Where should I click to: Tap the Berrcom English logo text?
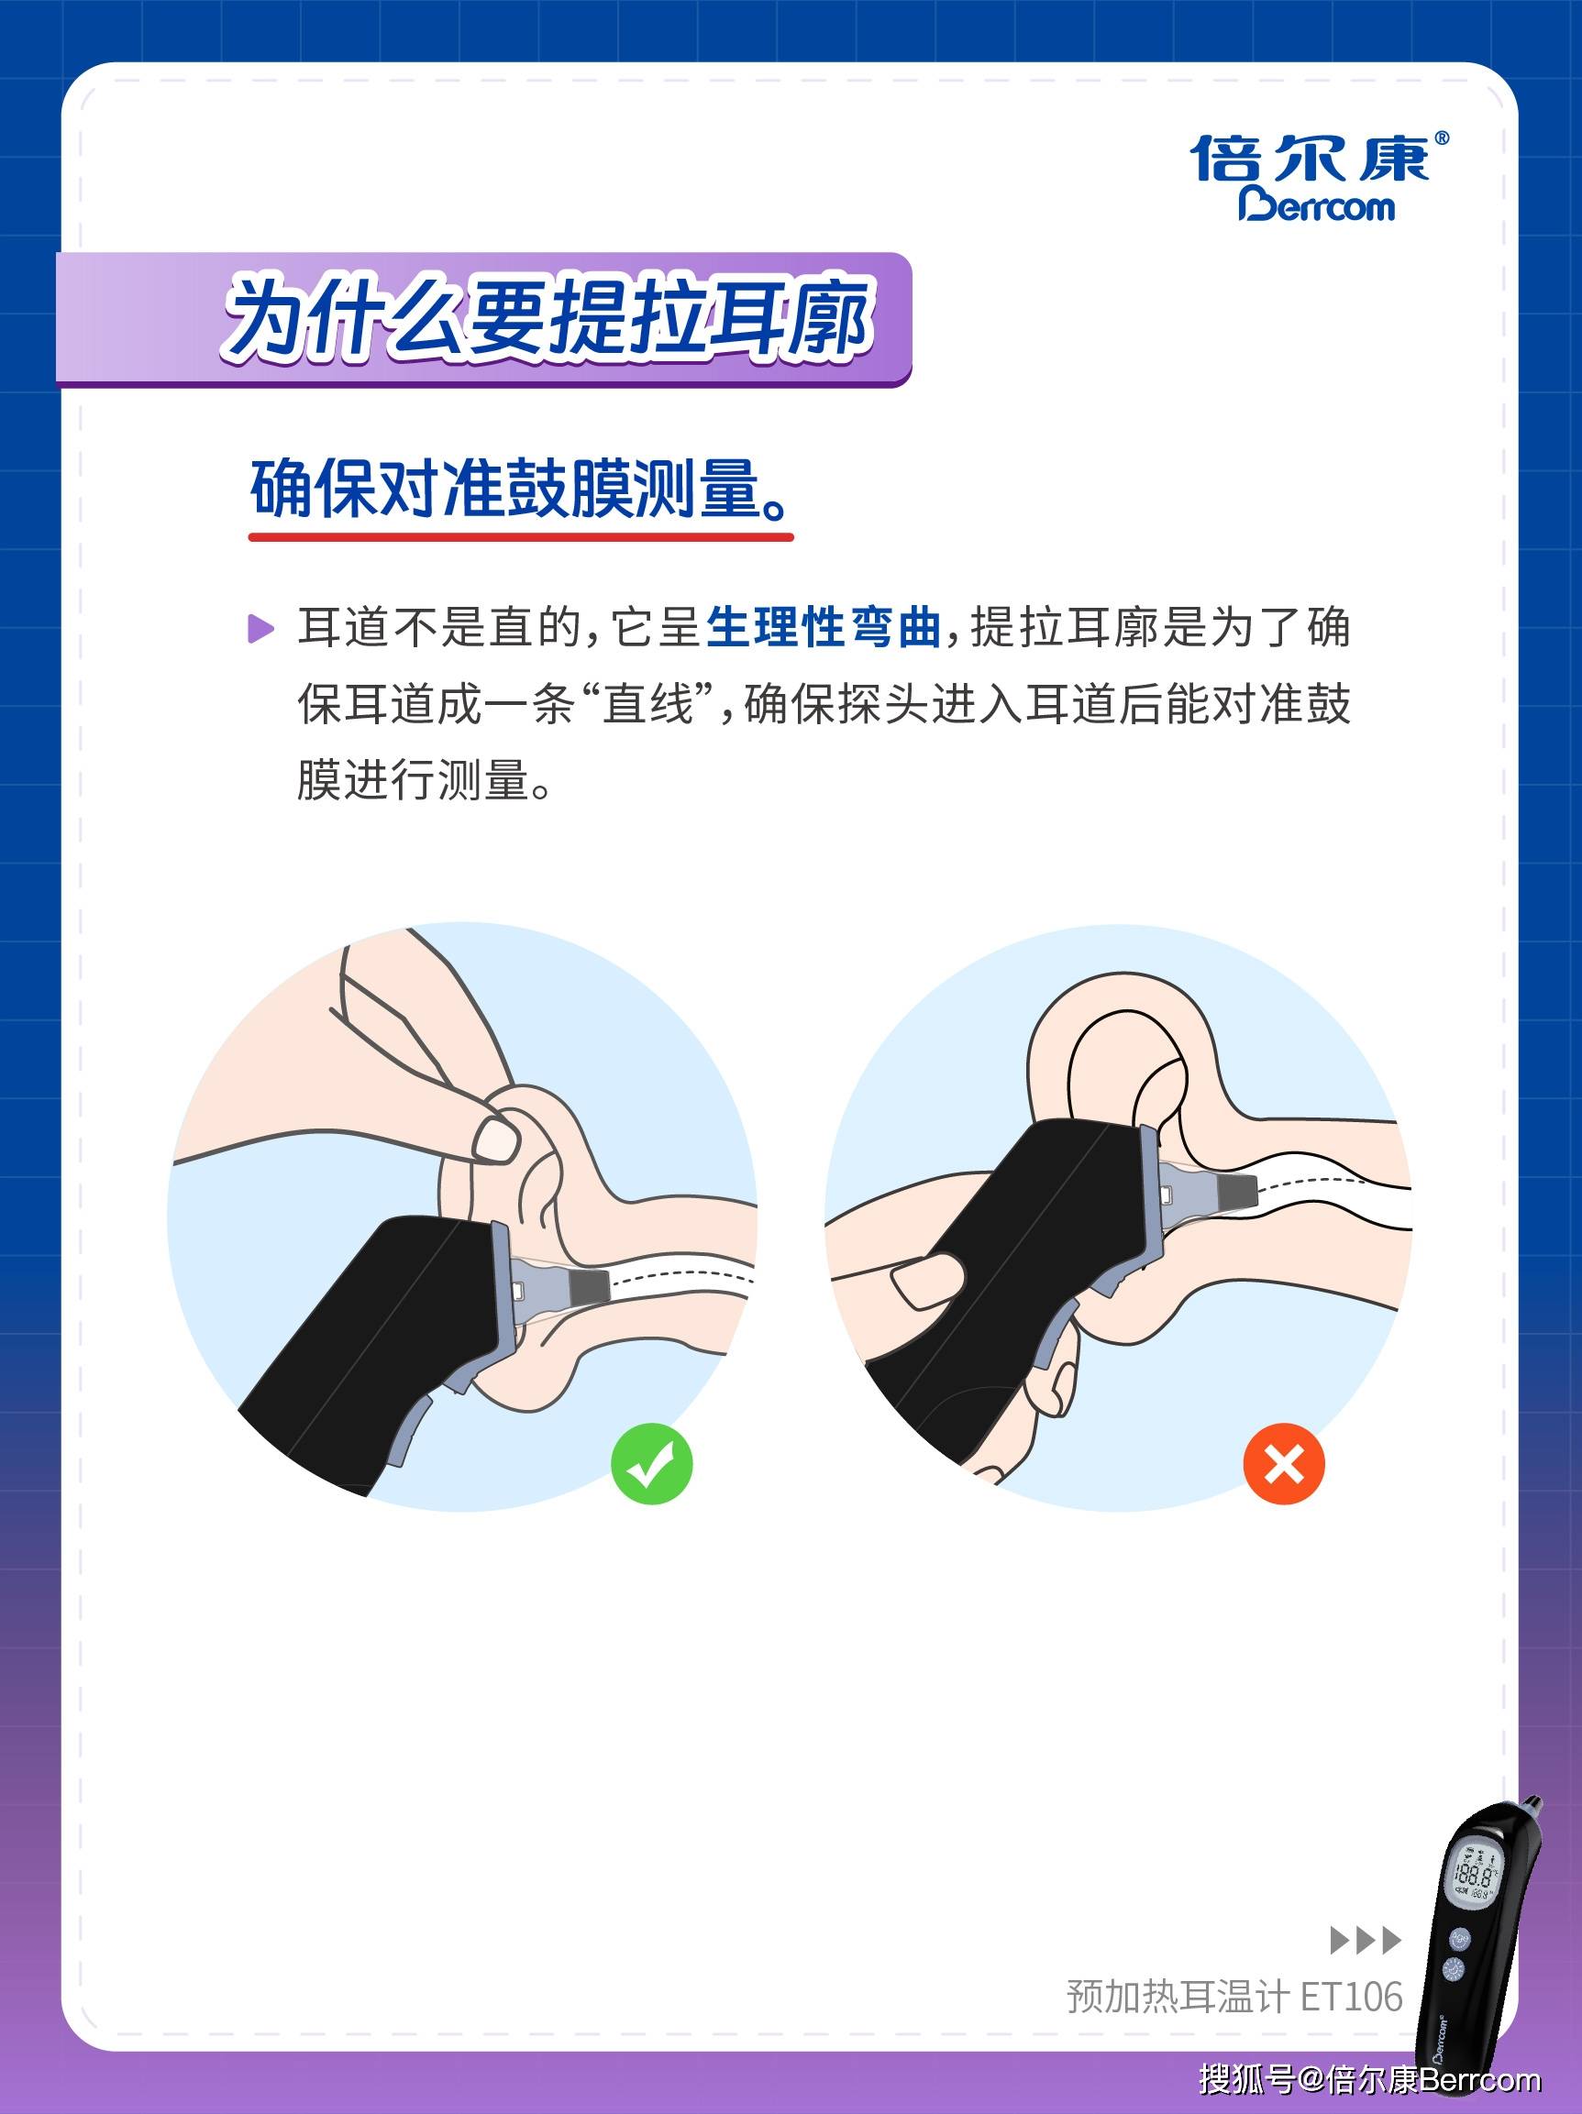pos(1316,205)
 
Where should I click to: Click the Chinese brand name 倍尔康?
pos(1310,158)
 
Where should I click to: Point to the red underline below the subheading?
pos(521,537)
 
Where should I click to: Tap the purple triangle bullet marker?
pos(260,629)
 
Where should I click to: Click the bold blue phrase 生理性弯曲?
pos(823,628)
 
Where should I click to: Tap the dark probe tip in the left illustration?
pos(590,1286)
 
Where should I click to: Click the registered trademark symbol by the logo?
pos(1443,138)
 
